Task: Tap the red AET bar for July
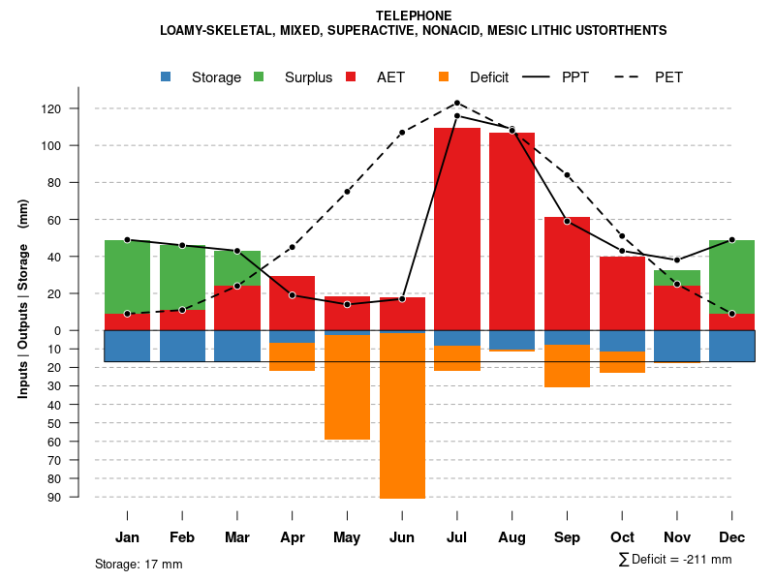click(x=457, y=229)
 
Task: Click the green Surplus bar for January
click(x=127, y=277)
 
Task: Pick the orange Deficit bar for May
click(x=347, y=386)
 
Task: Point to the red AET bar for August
click(x=512, y=231)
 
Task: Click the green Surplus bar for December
click(x=731, y=277)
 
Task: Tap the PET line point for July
click(x=457, y=103)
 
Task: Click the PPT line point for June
click(x=402, y=299)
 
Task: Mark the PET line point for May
click(x=347, y=192)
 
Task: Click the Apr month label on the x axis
click(x=292, y=537)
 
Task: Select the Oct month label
click(x=622, y=537)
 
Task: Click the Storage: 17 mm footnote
click(x=139, y=564)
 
